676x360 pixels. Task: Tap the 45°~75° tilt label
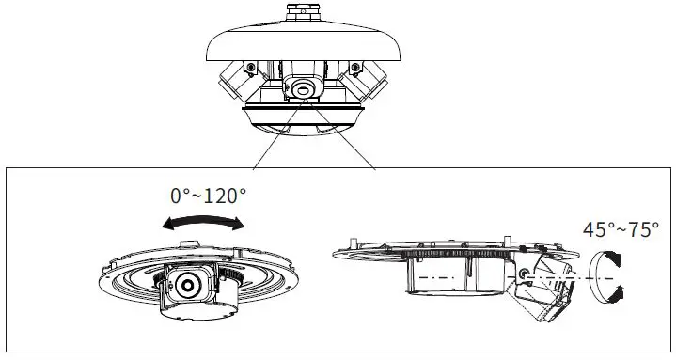621,229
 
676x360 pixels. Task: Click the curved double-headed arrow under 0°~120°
203,223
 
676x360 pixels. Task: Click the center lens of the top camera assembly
305,89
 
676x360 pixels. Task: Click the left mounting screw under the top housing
252,67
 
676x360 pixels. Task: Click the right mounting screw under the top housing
356,67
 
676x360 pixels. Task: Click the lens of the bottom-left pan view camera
188,283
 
